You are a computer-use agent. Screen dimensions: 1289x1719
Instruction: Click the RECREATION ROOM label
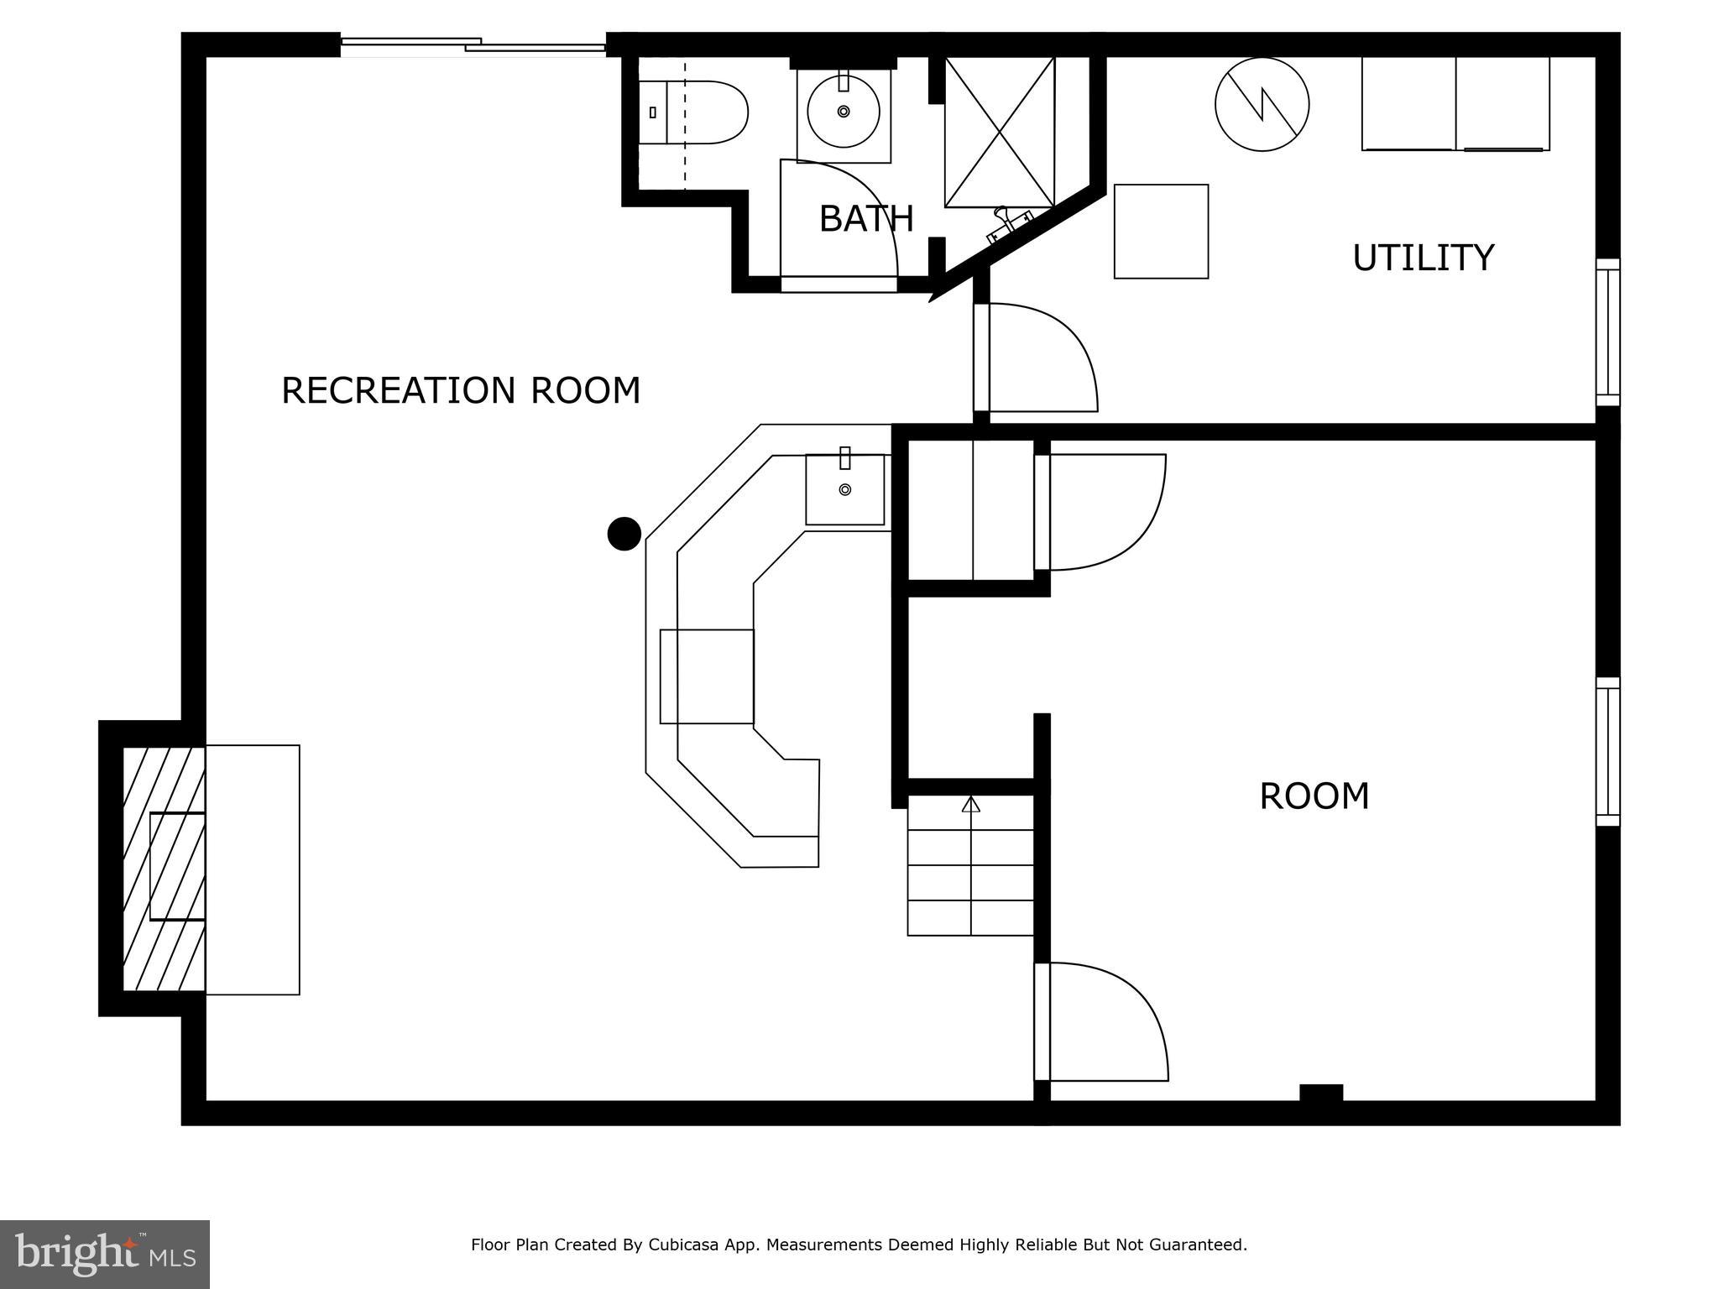tap(460, 391)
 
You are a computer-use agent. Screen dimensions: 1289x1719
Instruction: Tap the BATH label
tap(865, 219)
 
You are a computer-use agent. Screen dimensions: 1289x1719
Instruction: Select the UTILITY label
tap(1423, 258)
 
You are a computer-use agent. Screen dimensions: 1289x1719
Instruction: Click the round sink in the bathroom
tap(844, 112)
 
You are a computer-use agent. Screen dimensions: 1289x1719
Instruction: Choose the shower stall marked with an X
tap(999, 132)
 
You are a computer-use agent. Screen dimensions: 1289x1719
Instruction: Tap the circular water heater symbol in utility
tap(1262, 105)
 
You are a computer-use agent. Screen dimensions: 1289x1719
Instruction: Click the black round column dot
tap(624, 534)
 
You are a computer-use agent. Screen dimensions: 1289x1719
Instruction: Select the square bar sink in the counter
tap(844, 489)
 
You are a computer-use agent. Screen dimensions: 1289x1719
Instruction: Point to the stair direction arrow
tap(971, 804)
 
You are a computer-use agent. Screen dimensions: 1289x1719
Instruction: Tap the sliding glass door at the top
tap(473, 45)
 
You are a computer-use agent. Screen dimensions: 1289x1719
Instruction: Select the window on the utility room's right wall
tap(1607, 332)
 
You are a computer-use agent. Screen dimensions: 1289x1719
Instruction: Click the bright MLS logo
tap(105, 1254)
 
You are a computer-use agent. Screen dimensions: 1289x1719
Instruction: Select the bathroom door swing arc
tap(844, 218)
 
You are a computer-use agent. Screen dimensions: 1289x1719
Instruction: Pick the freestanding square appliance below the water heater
tap(1161, 232)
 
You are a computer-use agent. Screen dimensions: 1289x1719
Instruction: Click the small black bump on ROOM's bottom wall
tap(1320, 1092)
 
